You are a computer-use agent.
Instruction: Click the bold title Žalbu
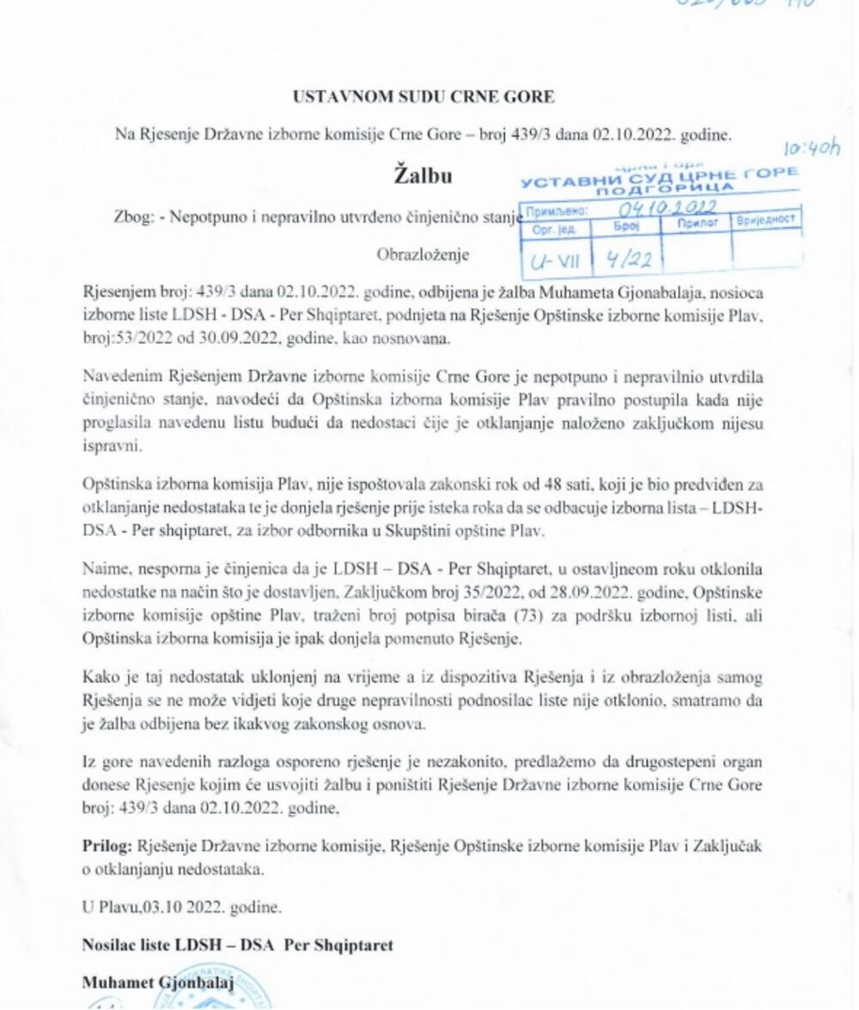tap(423, 176)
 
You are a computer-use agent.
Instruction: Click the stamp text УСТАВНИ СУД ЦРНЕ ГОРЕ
tap(660, 176)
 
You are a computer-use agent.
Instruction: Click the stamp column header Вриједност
tap(765, 221)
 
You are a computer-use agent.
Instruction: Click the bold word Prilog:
tap(107, 846)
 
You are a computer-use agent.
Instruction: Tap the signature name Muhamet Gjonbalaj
tap(158, 982)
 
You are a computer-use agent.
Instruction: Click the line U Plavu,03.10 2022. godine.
tap(182, 907)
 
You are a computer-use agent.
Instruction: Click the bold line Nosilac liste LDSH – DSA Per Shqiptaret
tap(237, 945)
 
